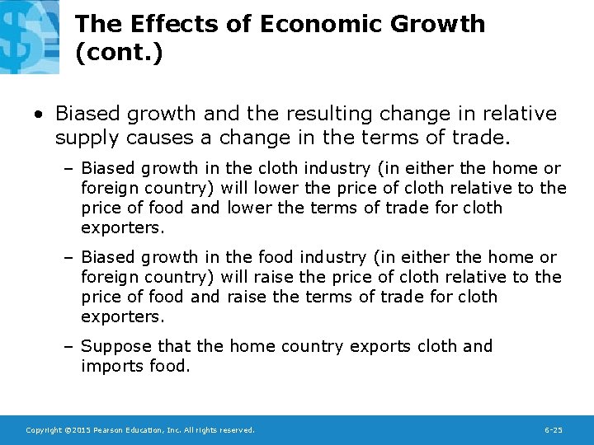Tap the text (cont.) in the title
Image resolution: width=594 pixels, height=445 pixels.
119,54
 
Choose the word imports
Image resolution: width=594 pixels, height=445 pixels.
111,366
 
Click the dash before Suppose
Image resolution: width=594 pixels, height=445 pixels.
69,346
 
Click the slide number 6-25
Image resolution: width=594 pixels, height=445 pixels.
554,430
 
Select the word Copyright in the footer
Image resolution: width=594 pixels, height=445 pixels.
44,430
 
